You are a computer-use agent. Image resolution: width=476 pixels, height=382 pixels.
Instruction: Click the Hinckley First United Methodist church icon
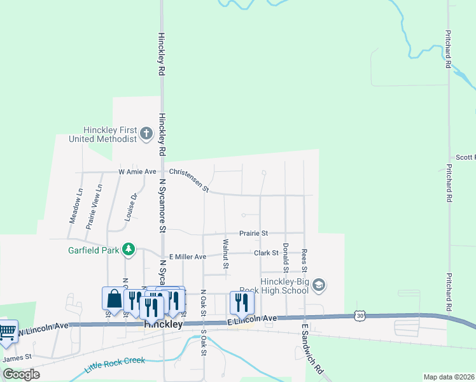click(146, 133)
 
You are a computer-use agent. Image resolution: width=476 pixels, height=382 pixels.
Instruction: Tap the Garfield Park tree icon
click(129, 249)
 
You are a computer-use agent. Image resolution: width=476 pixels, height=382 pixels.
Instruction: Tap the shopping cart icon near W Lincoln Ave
click(7, 331)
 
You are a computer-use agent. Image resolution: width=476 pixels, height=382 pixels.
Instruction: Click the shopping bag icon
click(113, 298)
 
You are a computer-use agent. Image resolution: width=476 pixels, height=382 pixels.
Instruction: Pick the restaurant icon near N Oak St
click(241, 302)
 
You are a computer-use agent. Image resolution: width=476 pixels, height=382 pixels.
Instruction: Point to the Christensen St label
click(189, 180)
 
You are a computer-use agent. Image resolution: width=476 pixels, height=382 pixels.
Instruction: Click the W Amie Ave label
click(137, 172)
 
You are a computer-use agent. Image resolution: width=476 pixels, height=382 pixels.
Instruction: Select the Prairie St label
click(254, 234)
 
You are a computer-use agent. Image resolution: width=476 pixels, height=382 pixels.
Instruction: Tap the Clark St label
click(267, 253)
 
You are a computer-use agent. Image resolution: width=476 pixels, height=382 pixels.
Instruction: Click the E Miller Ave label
click(183, 257)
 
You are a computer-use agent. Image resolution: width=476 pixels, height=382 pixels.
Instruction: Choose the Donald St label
click(286, 253)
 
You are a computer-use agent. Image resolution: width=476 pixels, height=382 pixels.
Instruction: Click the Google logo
click(21, 374)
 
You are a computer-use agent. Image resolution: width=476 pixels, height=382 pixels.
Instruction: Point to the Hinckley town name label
click(164, 324)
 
